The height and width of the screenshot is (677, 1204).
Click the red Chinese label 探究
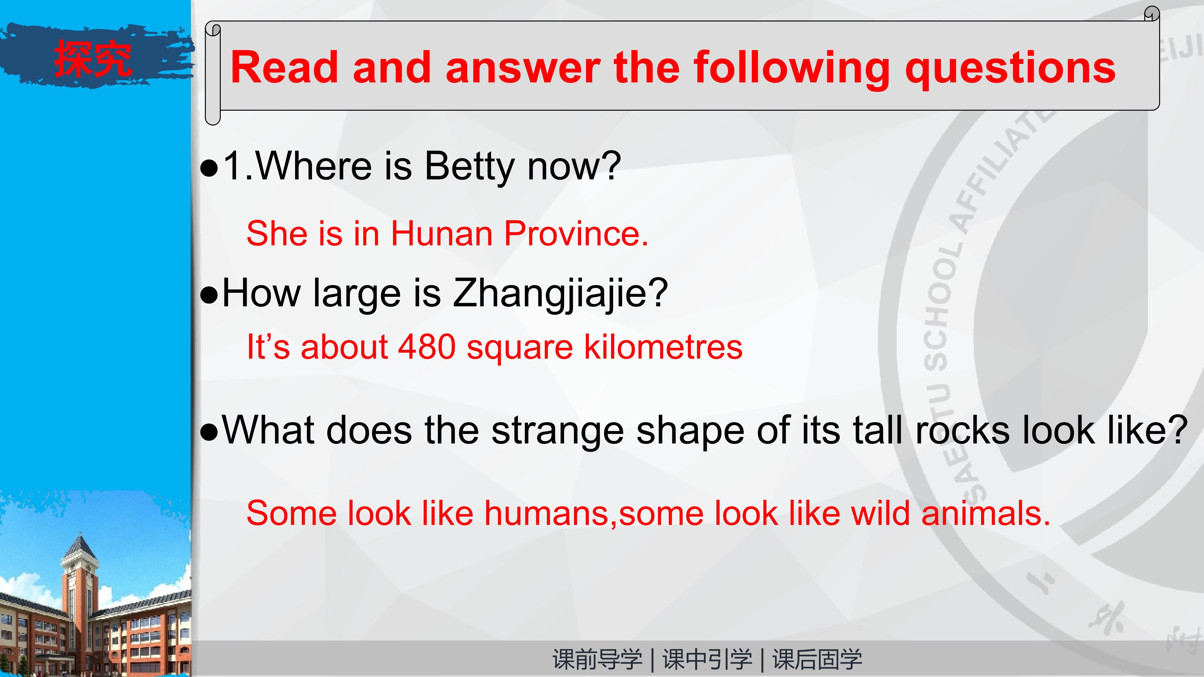92,58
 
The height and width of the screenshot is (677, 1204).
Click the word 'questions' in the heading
1011,69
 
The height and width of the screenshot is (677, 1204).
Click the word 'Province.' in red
576,233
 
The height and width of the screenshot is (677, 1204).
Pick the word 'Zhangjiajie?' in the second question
560,293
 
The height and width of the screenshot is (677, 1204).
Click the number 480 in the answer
427,347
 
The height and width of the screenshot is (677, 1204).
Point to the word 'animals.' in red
986,513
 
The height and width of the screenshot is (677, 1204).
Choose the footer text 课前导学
597,659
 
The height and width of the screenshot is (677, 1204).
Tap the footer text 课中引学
707,659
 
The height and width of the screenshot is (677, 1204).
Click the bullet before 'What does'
209,433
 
